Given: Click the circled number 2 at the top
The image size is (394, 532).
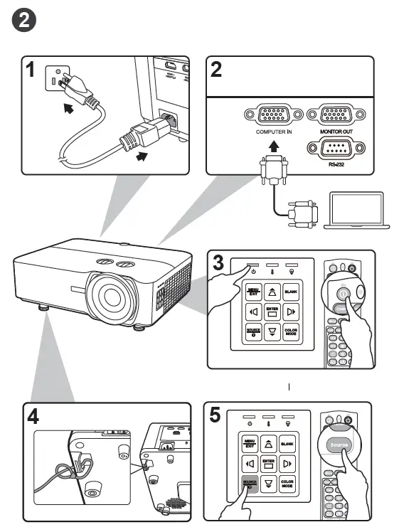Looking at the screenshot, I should point(24,21).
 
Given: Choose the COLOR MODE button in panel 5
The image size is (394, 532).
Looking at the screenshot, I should point(288,486).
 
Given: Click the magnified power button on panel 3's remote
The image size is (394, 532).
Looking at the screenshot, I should point(342,292).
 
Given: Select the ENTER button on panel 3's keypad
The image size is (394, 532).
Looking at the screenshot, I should point(270,313).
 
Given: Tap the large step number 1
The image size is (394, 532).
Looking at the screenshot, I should point(30,70).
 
